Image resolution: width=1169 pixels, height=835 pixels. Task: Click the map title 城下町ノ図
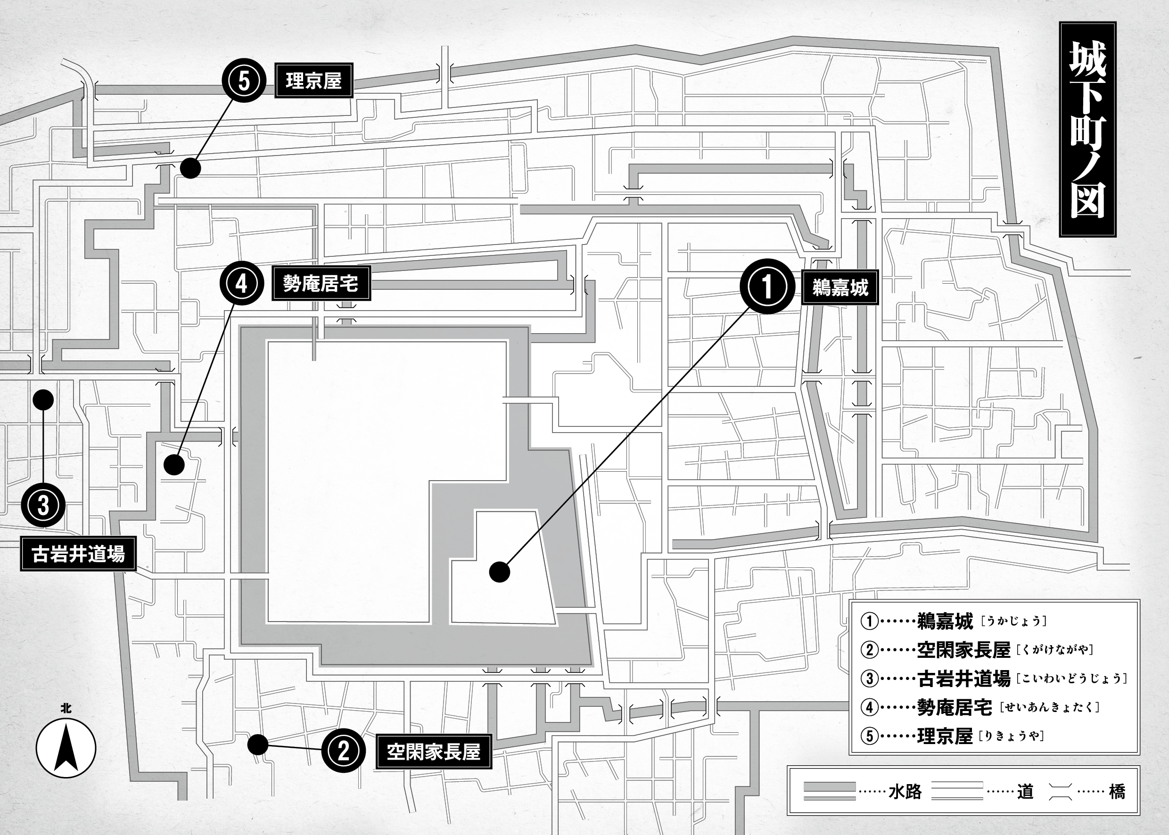pos(1087,130)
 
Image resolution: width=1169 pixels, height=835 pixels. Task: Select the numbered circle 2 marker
pos(344,751)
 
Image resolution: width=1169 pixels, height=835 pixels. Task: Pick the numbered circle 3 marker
pos(43,505)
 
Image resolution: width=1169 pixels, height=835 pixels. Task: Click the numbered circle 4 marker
pos(242,283)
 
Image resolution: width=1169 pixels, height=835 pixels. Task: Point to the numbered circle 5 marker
pos(244,81)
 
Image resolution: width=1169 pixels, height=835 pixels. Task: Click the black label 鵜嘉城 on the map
pos(840,287)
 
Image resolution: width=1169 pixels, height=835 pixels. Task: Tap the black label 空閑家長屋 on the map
pos(434,752)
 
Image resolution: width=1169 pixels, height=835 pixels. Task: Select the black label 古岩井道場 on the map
pos(78,554)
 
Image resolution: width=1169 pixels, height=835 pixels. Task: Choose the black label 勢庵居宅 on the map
pos(321,283)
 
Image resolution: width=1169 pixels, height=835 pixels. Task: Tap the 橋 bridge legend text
pos(1117,791)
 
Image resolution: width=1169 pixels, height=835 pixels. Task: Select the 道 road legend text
pos(1024,791)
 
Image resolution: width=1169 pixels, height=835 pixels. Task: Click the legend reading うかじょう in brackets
pos(1013,621)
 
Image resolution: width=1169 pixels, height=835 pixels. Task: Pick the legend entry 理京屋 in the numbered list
pos(945,737)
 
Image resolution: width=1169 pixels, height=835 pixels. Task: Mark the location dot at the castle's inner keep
pos(499,572)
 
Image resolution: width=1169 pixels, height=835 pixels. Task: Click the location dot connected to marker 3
pos(43,400)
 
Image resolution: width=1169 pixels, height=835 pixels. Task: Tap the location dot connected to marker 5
pos(190,168)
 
